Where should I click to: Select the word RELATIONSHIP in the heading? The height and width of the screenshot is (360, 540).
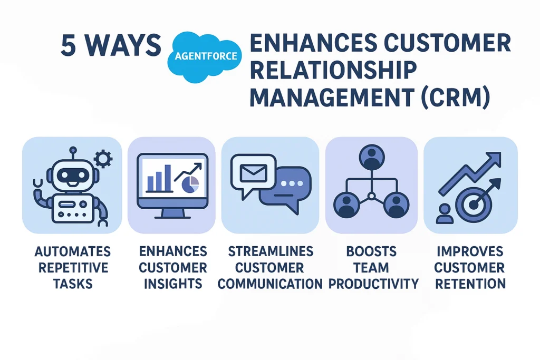tap(333, 71)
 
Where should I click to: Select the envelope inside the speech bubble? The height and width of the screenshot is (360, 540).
tap(253, 172)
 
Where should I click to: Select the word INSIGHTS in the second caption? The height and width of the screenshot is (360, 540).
tap(173, 284)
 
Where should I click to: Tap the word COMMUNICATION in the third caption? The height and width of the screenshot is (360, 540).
tap(270, 284)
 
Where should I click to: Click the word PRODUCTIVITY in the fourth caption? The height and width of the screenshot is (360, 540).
tap(373, 284)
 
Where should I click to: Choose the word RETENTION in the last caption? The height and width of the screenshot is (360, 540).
tap(470, 284)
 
